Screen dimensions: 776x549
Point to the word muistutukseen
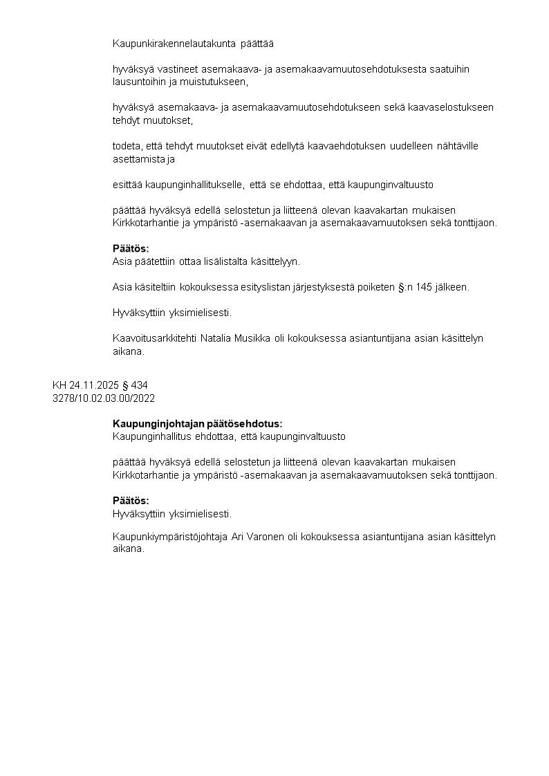click(215, 82)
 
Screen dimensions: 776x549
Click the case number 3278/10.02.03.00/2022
click(104, 398)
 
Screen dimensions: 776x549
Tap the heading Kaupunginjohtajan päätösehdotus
click(198, 424)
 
